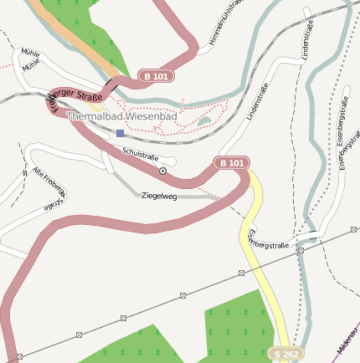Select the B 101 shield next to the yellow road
231,163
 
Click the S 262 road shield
286,355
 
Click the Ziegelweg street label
159,196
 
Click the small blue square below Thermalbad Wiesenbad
120,133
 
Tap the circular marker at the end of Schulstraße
162,171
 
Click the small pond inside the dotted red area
204,122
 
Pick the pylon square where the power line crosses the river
300,250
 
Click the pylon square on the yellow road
241,273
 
